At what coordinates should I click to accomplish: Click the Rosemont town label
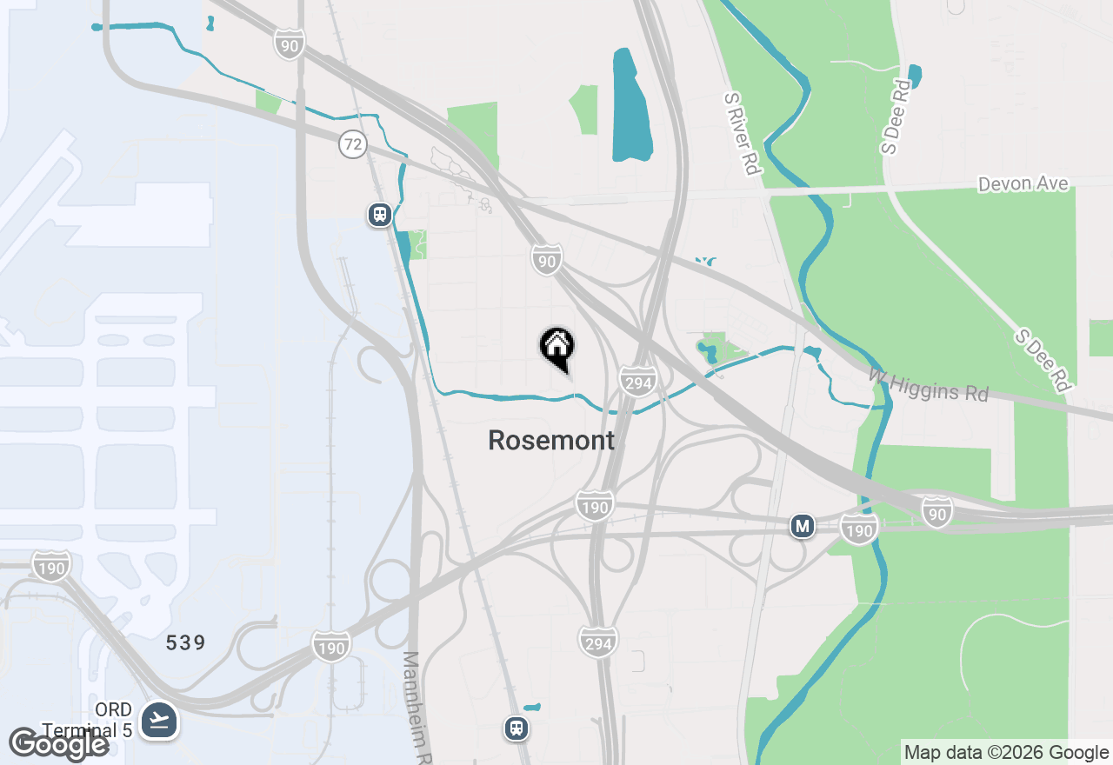[x=551, y=441]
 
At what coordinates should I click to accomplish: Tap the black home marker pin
[x=556, y=348]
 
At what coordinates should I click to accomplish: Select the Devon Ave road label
[x=1023, y=184]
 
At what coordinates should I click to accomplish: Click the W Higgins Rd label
[x=929, y=384]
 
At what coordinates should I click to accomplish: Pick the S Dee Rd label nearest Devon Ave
[x=895, y=116]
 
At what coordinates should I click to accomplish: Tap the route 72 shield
[x=353, y=144]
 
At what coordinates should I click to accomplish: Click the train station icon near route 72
[x=379, y=214]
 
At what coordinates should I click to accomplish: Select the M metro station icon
[x=803, y=526]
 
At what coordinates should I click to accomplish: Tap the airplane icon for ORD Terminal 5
[x=159, y=720]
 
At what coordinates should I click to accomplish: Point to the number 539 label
[x=186, y=643]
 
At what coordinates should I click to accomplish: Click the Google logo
[x=59, y=744]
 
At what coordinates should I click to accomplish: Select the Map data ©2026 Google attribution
[x=1006, y=753]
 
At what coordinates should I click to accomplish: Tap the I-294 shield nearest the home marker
[x=637, y=381]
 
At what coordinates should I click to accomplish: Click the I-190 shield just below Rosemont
[x=595, y=505]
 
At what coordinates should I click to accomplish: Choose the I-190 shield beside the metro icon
[x=859, y=529]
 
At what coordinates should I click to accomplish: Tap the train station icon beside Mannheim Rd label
[x=517, y=728]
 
